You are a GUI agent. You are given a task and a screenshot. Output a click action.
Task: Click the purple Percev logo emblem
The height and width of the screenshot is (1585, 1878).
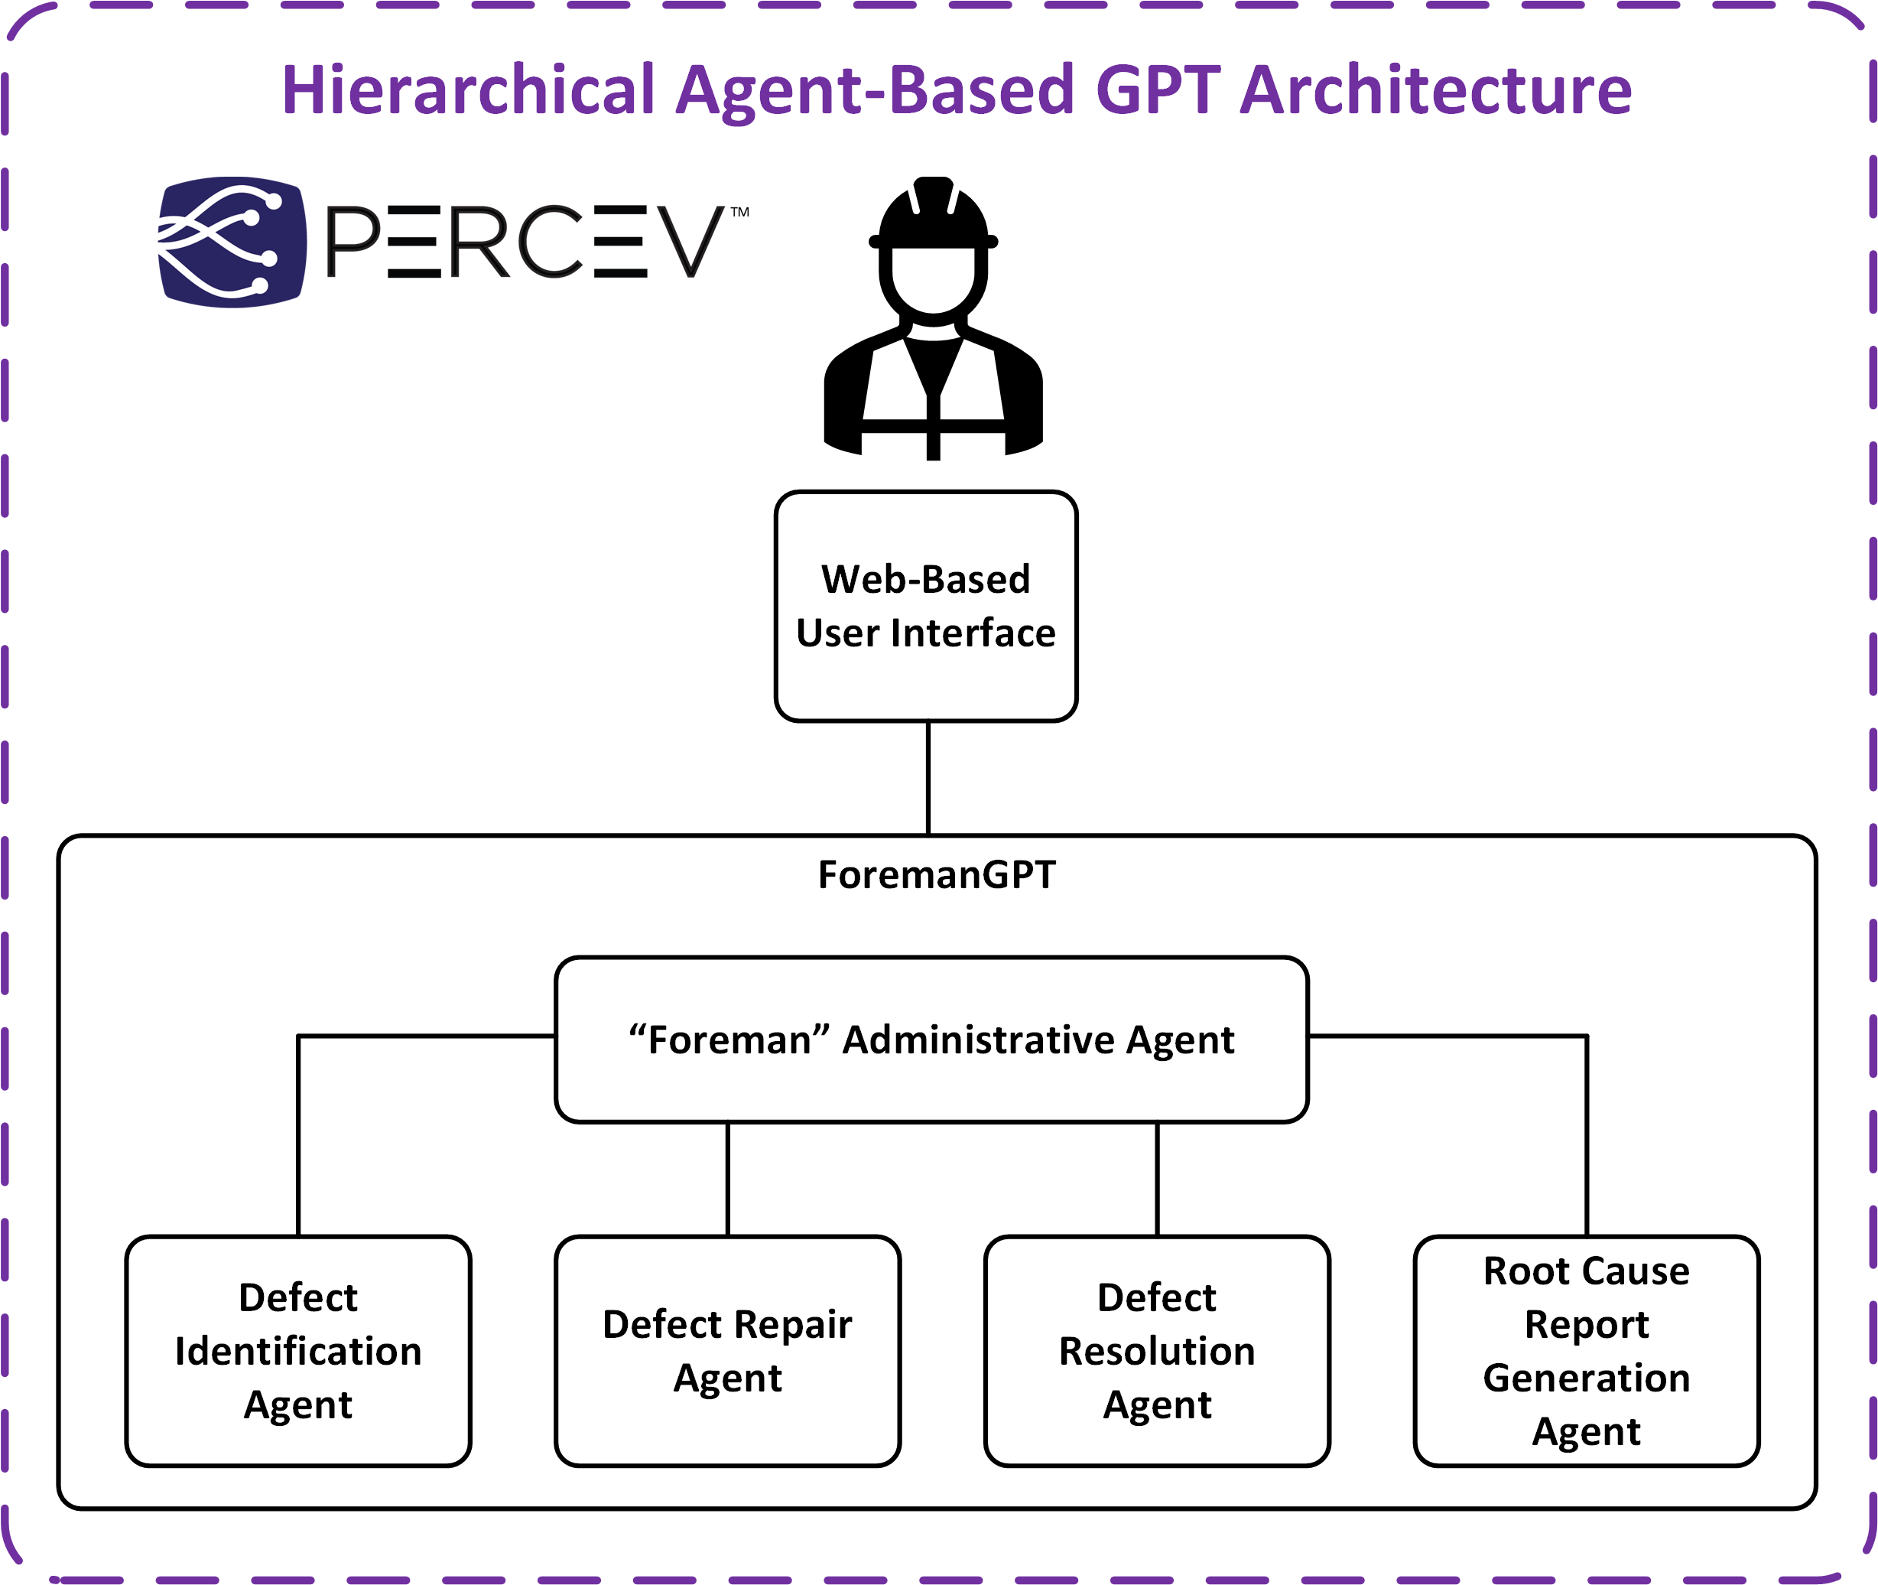232,242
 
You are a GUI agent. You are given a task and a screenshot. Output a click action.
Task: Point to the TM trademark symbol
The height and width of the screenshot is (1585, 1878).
740,212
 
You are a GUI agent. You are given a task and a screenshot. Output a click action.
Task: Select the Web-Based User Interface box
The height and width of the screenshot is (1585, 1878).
926,606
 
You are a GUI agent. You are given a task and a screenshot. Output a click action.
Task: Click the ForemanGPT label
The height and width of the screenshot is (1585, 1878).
937,874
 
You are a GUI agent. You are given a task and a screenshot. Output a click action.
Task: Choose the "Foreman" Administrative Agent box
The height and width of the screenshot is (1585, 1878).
931,1040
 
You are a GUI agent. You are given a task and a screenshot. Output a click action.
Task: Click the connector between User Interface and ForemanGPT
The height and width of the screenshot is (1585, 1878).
928,778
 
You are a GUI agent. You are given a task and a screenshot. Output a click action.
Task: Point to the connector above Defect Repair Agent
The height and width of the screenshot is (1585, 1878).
727,1179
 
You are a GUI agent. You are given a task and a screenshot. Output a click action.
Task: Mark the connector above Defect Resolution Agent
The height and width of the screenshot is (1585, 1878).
1157,1179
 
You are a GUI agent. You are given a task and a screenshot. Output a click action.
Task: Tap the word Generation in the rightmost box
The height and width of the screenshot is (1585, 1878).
1586,1378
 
